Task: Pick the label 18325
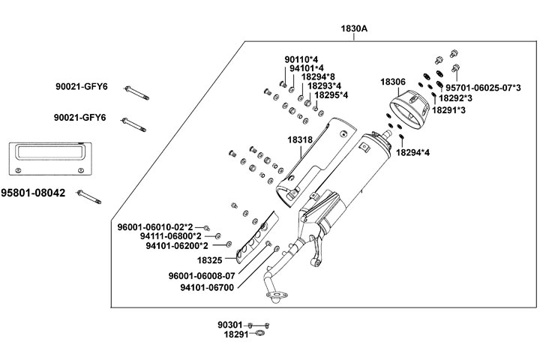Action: point(210,260)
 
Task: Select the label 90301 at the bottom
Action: point(230,325)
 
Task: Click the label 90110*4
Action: point(300,58)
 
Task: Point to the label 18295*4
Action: point(331,95)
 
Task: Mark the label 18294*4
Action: point(414,152)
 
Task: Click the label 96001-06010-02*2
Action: point(155,226)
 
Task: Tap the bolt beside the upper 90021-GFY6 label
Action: point(134,92)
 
